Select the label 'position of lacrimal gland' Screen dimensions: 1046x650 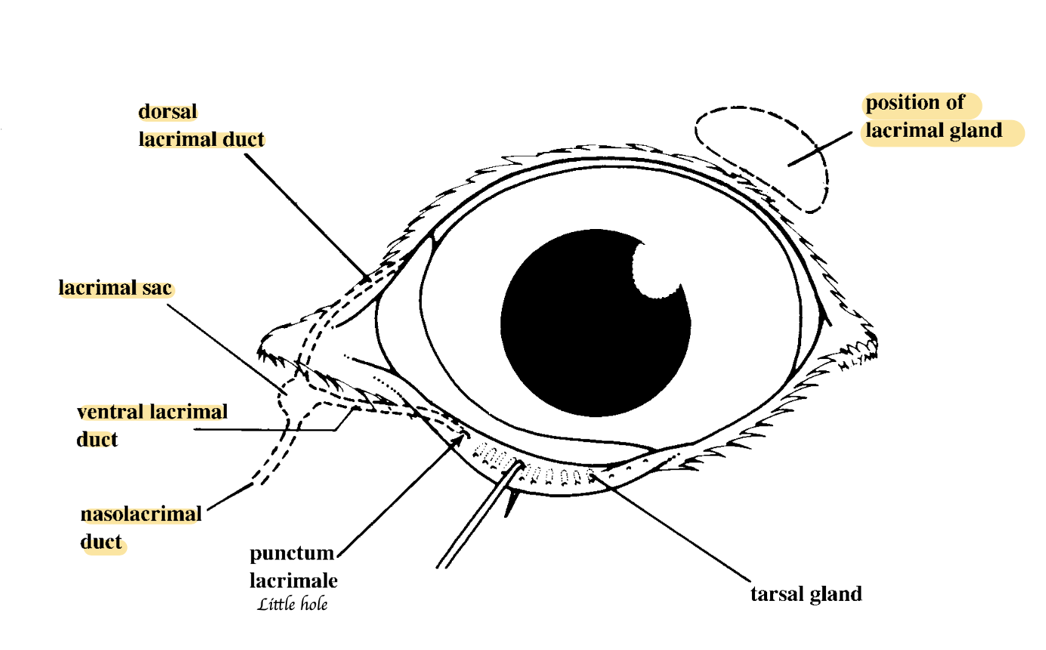click(x=934, y=116)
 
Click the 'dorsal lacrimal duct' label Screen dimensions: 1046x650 click(x=201, y=125)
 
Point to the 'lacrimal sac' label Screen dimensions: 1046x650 click(x=115, y=288)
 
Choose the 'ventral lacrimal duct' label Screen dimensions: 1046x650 click(x=152, y=426)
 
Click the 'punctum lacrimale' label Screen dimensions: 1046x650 click(x=293, y=567)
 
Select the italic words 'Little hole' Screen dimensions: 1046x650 click(x=292, y=604)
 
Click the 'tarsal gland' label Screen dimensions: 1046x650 click(x=806, y=594)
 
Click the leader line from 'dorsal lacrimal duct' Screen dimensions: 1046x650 click(x=308, y=217)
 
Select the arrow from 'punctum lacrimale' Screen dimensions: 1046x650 click(x=401, y=495)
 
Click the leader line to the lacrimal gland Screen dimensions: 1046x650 click(x=820, y=149)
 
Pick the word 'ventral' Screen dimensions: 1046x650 click(x=110, y=412)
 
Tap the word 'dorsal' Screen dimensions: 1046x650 click(x=168, y=112)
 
